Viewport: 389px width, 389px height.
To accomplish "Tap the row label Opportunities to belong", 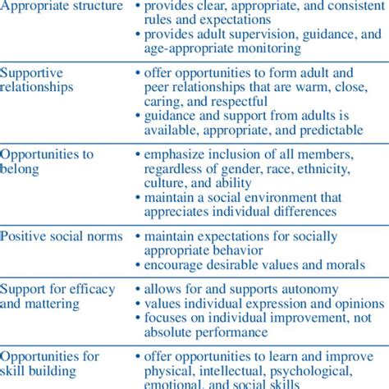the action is [x=48, y=161].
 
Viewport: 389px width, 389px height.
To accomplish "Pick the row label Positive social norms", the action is [x=62, y=236].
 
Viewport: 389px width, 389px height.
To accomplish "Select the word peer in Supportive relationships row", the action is [x=158, y=87].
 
